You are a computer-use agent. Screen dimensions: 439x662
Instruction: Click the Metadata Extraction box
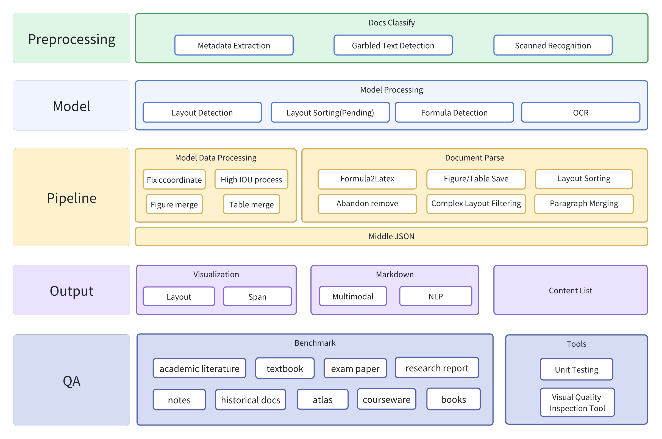tap(234, 45)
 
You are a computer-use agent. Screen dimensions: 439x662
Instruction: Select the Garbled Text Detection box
tap(393, 45)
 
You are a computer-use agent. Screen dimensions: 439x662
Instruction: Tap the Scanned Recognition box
tap(553, 45)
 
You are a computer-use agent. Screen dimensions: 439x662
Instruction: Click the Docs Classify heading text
tap(391, 23)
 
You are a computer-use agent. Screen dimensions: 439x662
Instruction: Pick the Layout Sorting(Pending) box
tap(330, 113)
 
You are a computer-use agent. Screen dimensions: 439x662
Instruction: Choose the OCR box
tap(580, 113)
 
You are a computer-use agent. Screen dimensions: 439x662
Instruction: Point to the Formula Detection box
tap(454, 113)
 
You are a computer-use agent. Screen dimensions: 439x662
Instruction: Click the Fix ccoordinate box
tap(174, 180)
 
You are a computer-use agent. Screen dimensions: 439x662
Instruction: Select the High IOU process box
tap(251, 179)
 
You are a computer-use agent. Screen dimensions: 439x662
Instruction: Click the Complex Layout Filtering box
tap(476, 204)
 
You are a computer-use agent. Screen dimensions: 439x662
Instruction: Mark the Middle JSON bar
tap(391, 237)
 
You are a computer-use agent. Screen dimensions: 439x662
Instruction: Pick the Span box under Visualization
tap(257, 296)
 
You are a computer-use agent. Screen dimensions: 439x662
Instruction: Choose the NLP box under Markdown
tap(436, 296)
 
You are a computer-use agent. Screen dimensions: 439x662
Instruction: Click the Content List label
tap(571, 291)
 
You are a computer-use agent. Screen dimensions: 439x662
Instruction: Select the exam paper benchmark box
tap(355, 368)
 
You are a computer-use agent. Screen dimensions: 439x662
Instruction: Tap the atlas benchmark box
tap(322, 399)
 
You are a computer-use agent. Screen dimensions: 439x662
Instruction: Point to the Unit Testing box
tap(576, 369)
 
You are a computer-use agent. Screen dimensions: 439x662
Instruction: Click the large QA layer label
tap(72, 380)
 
